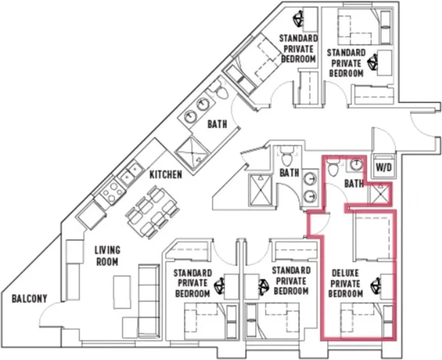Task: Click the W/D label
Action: pyautogui.click(x=384, y=168)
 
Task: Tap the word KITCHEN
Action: pyautogui.click(x=165, y=175)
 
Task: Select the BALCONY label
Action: pyautogui.click(x=29, y=299)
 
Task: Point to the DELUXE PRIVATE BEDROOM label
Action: pyautogui.click(x=345, y=283)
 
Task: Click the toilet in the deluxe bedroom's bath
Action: pyautogui.click(x=333, y=168)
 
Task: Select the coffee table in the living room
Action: pyautogui.click(x=122, y=292)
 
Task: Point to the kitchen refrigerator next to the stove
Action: pyautogui.click(x=90, y=215)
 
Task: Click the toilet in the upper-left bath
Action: pyautogui.click(x=219, y=91)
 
